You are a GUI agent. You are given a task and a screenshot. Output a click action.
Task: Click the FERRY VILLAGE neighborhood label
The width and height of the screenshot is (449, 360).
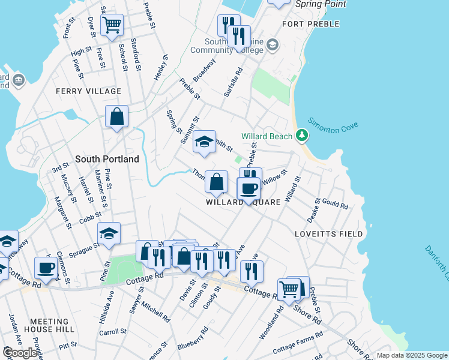click(88, 91)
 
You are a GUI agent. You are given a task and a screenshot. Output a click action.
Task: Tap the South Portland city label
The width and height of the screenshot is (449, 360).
click(107, 159)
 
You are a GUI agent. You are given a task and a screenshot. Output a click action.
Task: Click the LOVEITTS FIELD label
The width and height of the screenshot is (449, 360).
click(328, 233)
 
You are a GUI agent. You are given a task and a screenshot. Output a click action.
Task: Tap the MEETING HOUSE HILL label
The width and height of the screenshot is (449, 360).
click(52, 325)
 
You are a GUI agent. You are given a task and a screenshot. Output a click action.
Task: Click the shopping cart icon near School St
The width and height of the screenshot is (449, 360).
click(112, 25)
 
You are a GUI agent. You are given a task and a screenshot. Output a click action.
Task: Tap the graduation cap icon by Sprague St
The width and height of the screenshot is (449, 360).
click(109, 233)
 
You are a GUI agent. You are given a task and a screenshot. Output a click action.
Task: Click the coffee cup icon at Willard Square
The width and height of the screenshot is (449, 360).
click(248, 189)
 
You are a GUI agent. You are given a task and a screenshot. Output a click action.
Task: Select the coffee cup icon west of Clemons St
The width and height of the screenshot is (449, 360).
click(46, 268)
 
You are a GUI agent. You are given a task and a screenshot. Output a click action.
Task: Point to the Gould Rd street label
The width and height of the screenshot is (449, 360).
click(335, 204)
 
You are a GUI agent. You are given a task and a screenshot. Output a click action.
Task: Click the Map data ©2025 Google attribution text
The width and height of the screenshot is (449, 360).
click(412, 355)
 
